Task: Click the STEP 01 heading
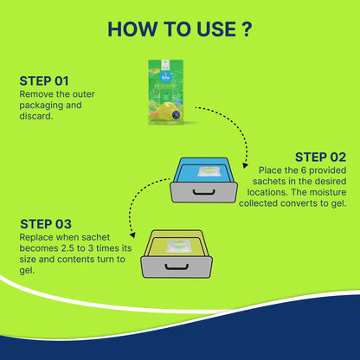(x=44, y=81)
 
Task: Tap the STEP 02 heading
(x=320, y=157)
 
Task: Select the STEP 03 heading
(x=46, y=224)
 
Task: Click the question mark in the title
(x=247, y=29)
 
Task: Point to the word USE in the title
(x=216, y=29)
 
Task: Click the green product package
(x=166, y=92)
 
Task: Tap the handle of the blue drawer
(x=203, y=192)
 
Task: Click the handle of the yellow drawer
(x=177, y=267)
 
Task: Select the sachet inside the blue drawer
(x=209, y=171)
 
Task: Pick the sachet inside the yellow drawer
(x=177, y=246)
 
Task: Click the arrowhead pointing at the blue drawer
(x=245, y=165)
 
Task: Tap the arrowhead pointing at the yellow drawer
(x=132, y=235)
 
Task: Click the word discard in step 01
(x=35, y=116)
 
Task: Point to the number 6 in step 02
(x=303, y=170)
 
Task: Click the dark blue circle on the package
(x=176, y=115)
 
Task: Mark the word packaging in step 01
(x=41, y=106)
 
